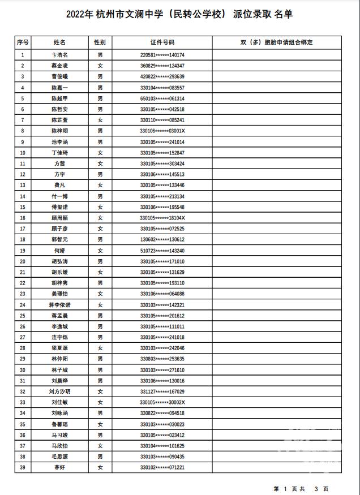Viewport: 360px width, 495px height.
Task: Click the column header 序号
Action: [x=23, y=42]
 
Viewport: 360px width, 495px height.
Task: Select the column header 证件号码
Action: [x=162, y=42]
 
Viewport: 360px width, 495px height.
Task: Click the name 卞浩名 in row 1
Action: [x=59, y=55]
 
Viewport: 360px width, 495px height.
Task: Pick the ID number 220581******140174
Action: [x=162, y=55]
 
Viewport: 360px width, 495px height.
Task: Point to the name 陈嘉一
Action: [x=59, y=88]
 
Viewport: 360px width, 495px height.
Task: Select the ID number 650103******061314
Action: [x=162, y=98]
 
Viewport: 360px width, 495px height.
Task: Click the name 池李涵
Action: [x=59, y=142]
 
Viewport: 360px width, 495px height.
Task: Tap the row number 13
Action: [x=23, y=185]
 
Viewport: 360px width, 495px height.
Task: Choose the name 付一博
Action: [x=59, y=196]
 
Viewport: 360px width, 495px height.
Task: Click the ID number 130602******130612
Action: [x=162, y=239]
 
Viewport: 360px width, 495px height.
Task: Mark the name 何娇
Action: [x=59, y=250]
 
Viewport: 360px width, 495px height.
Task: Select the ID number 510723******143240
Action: [x=162, y=250]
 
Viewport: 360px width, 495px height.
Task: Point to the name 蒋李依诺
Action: [x=59, y=304]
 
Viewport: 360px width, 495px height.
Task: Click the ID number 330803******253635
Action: [x=162, y=359]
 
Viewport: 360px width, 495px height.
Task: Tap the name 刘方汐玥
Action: [x=59, y=391]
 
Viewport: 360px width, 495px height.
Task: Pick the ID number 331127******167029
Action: [x=162, y=391]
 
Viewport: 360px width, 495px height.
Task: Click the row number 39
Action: [x=23, y=467]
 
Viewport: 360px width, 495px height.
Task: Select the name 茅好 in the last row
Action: [x=59, y=467]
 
